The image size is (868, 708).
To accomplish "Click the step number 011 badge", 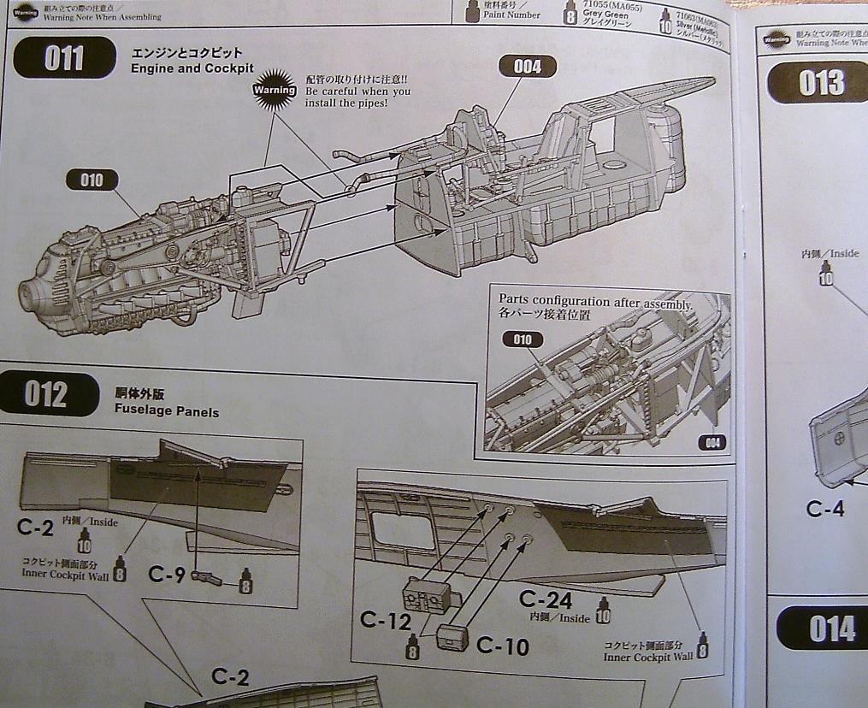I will (x=65, y=57).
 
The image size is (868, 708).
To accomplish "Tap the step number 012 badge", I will (x=46, y=394).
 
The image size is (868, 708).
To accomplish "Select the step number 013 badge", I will (x=820, y=83).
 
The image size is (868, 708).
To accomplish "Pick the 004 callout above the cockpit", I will (x=528, y=67).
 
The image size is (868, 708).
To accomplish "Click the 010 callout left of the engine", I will (x=92, y=180).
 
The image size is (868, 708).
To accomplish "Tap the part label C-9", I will (x=167, y=575).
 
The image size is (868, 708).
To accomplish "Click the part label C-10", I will (x=503, y=646).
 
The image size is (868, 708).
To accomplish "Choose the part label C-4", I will (x=825, y=509).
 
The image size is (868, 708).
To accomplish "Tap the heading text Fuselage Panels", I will (x=167, y=411).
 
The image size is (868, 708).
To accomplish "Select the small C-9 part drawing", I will (x=208, y=579).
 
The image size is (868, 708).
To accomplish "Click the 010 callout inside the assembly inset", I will (x=522, y=339).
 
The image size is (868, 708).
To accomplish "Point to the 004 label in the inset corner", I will (x=712, y=442).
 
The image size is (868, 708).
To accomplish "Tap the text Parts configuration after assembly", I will (x=595, y=302).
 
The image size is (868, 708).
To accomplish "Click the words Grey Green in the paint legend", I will (x=605, y=15).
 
